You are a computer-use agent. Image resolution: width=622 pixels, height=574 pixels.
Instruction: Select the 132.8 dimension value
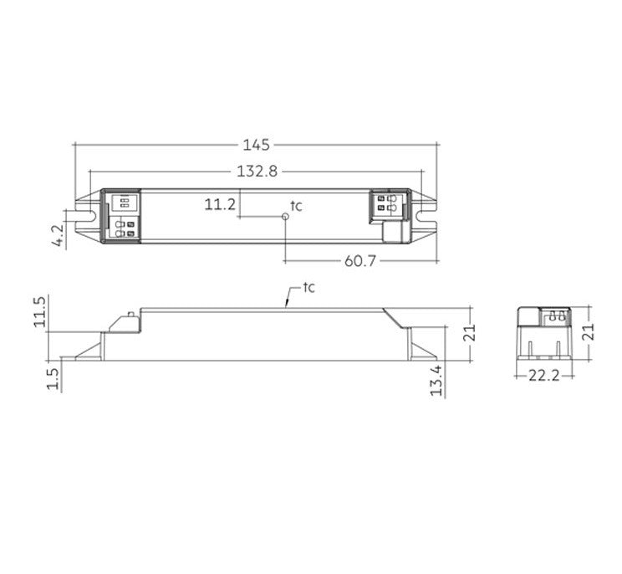(256, 172)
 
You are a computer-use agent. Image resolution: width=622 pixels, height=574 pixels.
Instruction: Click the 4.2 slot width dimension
(58, 234)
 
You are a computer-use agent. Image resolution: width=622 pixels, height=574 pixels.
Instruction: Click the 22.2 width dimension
(543, 377)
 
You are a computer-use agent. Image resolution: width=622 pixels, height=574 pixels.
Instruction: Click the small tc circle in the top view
(286, 216)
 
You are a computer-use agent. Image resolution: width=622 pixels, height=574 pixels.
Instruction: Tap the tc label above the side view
(308, 288)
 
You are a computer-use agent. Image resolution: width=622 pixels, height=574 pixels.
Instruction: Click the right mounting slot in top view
(427, 216)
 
